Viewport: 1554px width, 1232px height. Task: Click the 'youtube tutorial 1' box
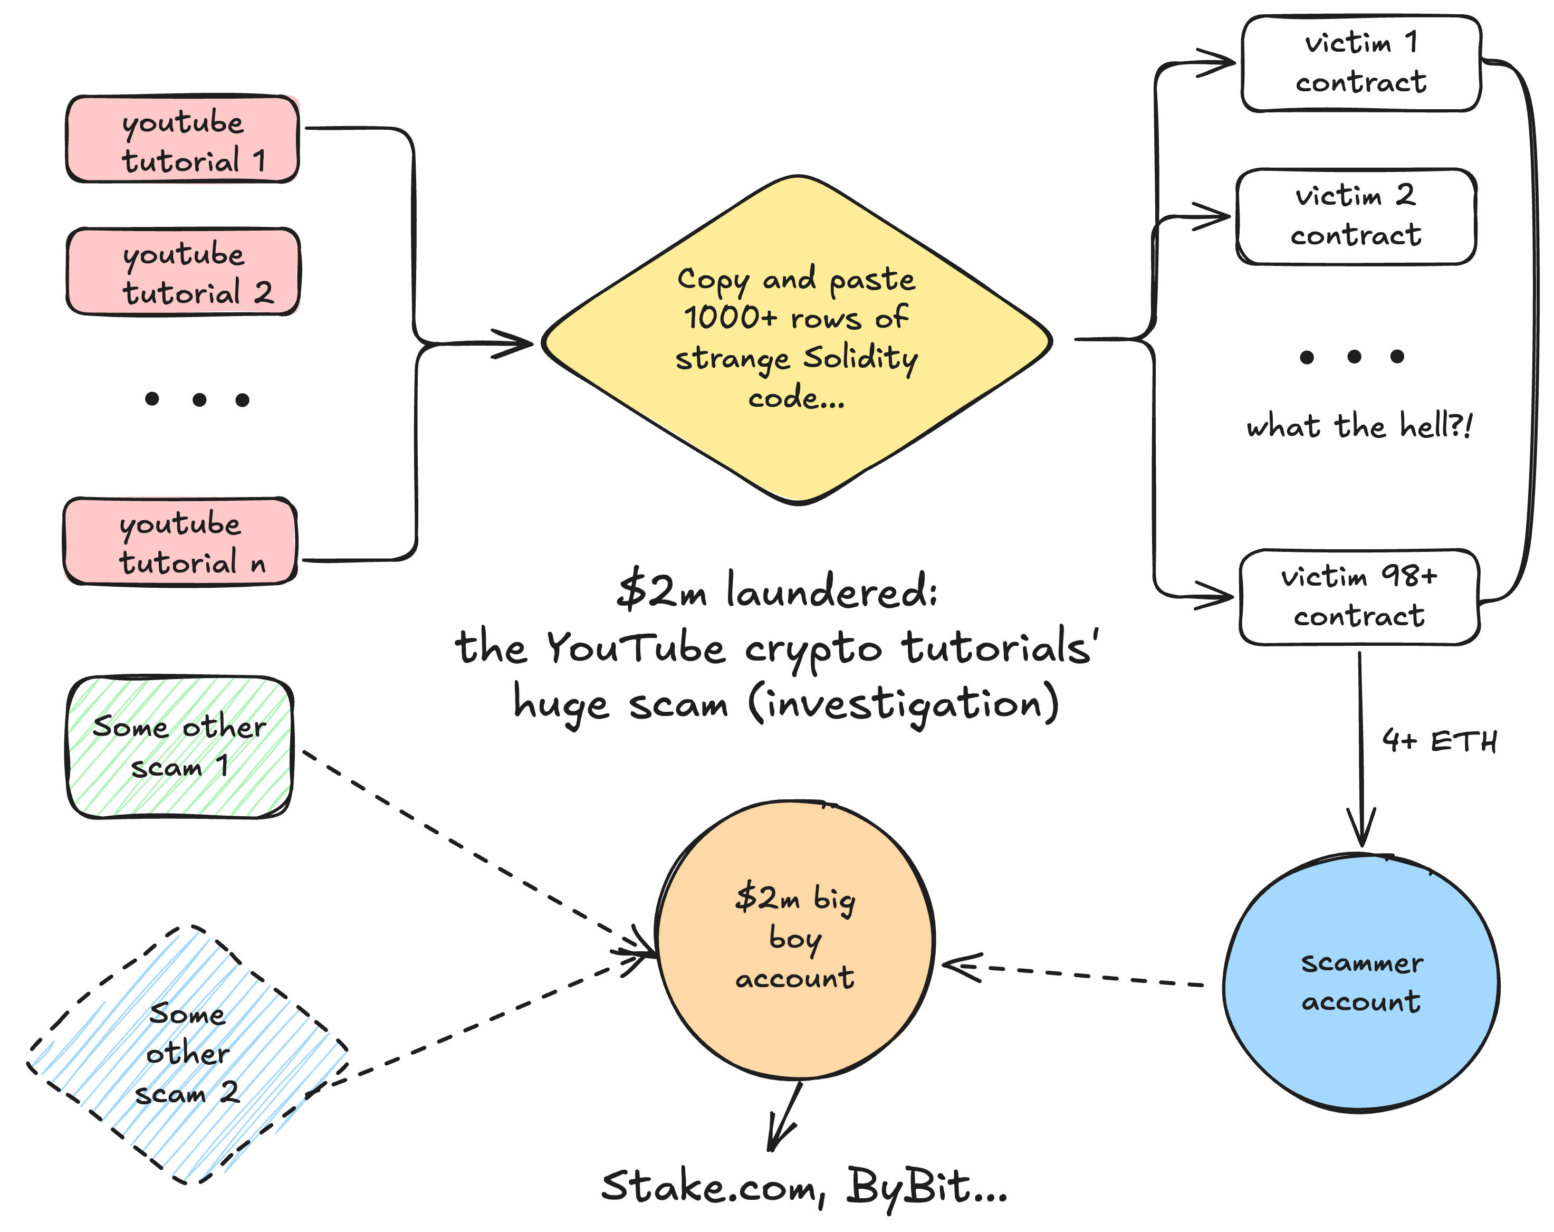coord(183,139)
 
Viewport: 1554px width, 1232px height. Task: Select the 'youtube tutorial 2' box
coord(183,272)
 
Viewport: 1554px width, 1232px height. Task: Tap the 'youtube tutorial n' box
coord(180,541)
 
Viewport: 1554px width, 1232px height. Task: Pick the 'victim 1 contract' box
coord(1361,63)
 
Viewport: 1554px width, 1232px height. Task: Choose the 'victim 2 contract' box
coord(1356,216)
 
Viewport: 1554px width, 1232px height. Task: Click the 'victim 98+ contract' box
coord(1359,597)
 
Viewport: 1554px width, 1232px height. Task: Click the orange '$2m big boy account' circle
coord(795,939)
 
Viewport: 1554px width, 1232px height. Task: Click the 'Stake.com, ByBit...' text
coord(804,1187)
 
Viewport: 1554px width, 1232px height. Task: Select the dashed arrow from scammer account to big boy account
coord(1081,975)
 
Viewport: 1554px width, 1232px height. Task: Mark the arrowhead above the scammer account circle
coord(1361,829)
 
